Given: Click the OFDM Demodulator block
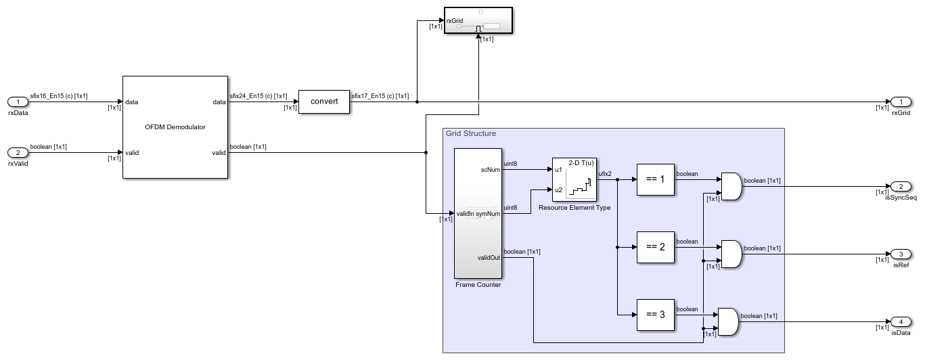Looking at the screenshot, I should coord(175,127).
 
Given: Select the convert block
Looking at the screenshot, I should coord(323,102).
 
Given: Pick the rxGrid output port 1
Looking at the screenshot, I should coord(900,102).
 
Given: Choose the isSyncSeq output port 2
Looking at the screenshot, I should coord(900,186).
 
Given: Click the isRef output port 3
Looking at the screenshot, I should coord(900,254).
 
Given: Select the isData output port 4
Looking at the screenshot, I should coord(900,321).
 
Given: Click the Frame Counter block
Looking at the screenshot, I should coord(478,213).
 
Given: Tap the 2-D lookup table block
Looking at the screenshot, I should coord(574,179).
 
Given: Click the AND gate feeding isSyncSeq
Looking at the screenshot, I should coord(731,186).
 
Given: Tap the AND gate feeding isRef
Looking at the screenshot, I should coord(731,254).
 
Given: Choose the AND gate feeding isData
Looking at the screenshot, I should coord(727,321).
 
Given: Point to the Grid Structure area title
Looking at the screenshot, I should coord(471,134).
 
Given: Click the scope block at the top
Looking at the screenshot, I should coord(478,21).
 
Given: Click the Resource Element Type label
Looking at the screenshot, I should coord(574,208).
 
